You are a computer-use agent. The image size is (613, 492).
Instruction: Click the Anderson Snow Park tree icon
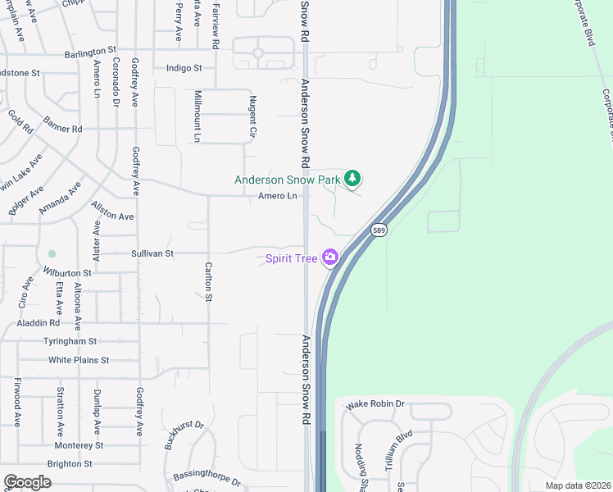(352, 178)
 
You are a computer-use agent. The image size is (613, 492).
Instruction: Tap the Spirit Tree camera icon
(330, 257)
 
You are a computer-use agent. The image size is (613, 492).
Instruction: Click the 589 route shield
(378, 231)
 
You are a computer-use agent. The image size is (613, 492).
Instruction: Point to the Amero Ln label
(277, 196)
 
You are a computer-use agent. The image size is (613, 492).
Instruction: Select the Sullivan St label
(152, 254)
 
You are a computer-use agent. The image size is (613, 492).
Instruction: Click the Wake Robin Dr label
(375, 404)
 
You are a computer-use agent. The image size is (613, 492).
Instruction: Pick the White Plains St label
(79, 360)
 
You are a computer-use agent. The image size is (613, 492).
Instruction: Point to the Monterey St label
(79, 445)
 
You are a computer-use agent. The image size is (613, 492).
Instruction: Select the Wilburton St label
(66, 271)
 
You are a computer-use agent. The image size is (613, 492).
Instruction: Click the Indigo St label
(184, 68)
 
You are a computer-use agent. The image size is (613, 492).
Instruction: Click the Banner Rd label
(64, 128)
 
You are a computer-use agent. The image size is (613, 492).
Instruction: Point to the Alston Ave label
(112, 211)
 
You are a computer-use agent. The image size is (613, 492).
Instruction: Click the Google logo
(27, 482)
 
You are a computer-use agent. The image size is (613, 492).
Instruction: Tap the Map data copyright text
(578, 485)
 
